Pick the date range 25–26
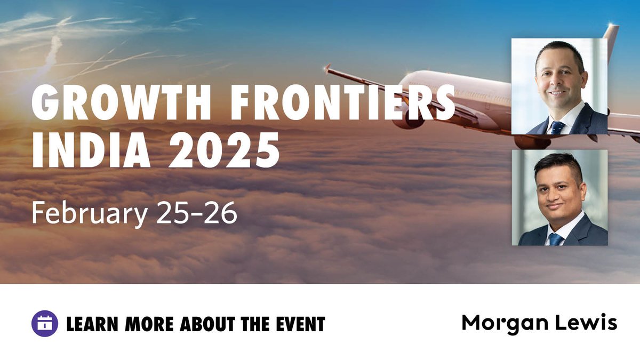click(x=197, y=213)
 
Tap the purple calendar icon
click(x=45, y=323)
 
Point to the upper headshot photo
click(x=559, y=86)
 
